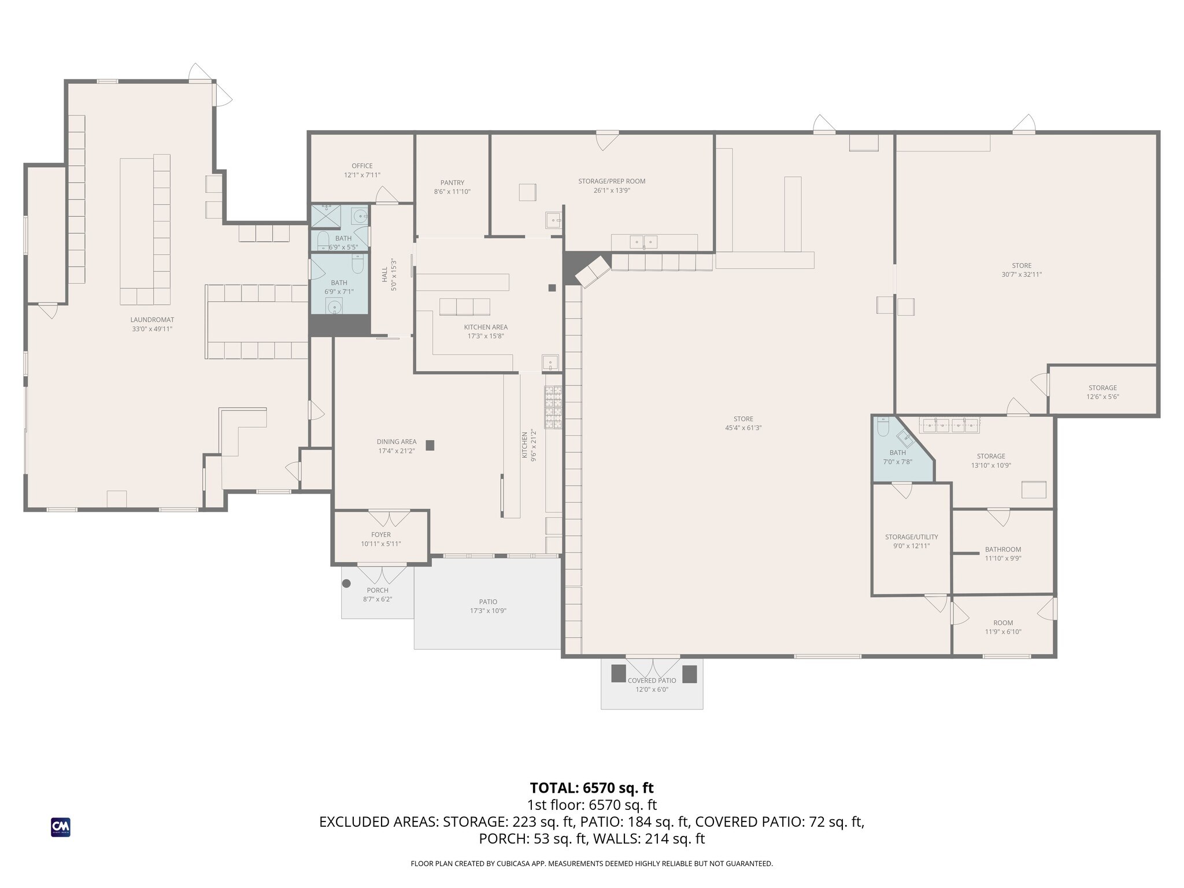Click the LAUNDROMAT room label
pyautogui.click(x=152, y=320)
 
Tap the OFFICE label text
pyautogui.click(x=362, y=166)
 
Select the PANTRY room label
pyautogui.click(x=452, y=183)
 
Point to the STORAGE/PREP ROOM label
pyautogui.click(x=612, y=182)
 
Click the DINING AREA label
pyautogui.click(x=397, y=442)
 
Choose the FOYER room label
pyautogui.click(x=381, y=535)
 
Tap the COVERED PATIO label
pyautogui.click(x=652, y=680)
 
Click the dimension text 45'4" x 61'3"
pyautogui.click(x=743, y=428)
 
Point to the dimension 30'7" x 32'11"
pyautogui.click(x=1022, y=275)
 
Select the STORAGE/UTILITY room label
pyautogui.click(x=912, y=537)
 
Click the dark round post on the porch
pyautogui.click(x=346, y=583)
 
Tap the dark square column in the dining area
pyautogui.click(x=430, y=445)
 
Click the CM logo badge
pyautogui.click(x=61, y=827)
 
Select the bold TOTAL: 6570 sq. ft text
pyautogui.click(x=591, y=788)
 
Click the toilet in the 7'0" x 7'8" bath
pyautogui.click(x=883, y=426)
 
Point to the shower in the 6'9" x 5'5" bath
pyautogui.click(x=326, y=216)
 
